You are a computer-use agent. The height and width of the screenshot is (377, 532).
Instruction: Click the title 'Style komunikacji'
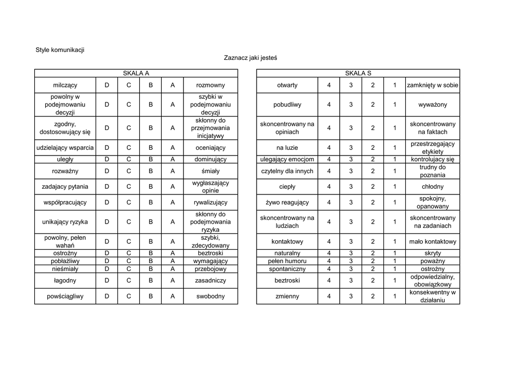60,50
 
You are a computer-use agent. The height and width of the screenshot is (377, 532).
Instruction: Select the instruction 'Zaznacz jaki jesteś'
250,58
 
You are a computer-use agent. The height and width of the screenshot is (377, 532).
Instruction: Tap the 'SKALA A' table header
136,73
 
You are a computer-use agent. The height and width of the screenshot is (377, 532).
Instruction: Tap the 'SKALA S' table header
358,73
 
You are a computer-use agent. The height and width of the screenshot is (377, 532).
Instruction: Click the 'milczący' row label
65,85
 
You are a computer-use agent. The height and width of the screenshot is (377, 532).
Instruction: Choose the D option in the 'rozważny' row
107,171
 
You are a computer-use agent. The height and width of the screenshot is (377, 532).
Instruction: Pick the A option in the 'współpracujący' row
172,202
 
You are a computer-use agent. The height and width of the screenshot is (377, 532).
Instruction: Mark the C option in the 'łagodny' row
129,281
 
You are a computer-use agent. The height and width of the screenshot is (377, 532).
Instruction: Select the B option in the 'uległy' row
151,160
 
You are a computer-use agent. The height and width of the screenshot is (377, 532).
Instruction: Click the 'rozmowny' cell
210,85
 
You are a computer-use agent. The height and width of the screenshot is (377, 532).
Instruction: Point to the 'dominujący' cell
210,160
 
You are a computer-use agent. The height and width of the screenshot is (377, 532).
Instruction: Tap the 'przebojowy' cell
210,269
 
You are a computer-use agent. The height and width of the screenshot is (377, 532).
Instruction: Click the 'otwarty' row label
287,85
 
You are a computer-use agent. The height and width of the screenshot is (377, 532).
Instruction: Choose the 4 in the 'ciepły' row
329,187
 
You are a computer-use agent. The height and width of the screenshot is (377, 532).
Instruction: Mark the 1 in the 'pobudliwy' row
395,105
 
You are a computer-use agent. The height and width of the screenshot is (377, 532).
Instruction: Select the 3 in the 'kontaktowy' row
351,242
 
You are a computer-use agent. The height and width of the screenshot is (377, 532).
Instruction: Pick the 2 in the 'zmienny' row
373,296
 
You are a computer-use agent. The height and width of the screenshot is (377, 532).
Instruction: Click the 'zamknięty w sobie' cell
433,85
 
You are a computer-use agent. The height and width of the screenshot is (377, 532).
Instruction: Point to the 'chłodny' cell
433,187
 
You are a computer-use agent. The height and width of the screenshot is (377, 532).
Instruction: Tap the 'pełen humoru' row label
287,261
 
